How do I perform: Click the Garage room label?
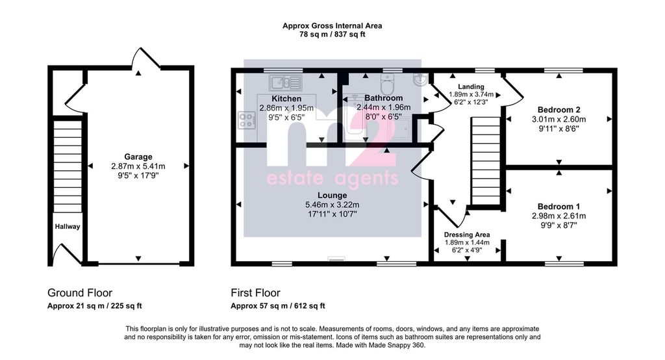pos(138,157)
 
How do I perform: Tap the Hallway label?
pos(68,227)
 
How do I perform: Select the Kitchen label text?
pos(286,99)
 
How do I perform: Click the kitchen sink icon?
pos(286,83)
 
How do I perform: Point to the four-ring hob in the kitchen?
pos(247,120)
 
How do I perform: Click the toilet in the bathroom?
pos(387,84)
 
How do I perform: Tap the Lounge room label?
pos(332,196)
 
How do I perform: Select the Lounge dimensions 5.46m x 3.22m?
pos(332,205)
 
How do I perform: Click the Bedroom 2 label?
pos(559,110)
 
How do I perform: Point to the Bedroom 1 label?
pos(559,207)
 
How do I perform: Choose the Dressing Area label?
pos(467,235)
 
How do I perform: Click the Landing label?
pos(471,86)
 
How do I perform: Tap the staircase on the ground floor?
pos(68,166)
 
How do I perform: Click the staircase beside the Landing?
pos(486,161)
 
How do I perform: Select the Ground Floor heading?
pos(80,293)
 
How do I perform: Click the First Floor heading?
pos(255,293)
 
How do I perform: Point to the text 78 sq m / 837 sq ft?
pos(332,34)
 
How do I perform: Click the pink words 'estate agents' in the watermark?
pos(332,178)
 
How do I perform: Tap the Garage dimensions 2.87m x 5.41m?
pos(138,166)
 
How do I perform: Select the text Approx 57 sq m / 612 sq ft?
pos(278,305)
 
